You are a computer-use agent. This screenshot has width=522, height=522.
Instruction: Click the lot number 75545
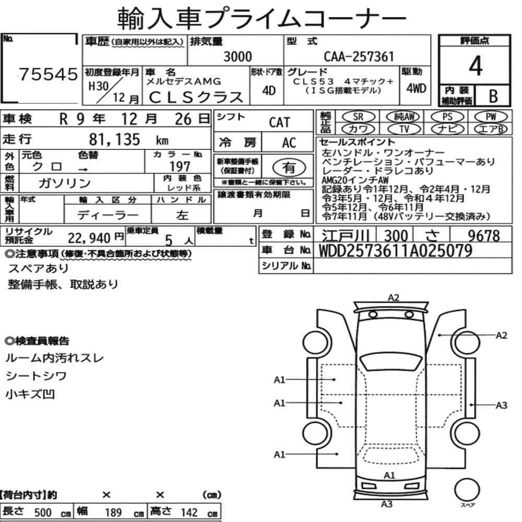(48, 74)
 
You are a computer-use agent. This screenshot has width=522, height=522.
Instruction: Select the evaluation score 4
(476, 66)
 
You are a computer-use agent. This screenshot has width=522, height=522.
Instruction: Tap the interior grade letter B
(493, 96)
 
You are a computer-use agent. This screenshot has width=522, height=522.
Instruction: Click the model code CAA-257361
(359, 56)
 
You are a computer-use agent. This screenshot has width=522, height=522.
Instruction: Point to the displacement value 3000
(238, 56)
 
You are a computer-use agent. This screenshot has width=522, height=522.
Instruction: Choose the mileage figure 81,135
(114, 139)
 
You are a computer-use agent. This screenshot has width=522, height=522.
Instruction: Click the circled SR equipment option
(358, 116)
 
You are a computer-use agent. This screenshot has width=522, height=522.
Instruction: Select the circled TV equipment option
(404, 129)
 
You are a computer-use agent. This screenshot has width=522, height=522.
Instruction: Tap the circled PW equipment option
(491, 116)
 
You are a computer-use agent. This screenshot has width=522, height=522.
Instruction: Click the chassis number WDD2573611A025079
(396, 251)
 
